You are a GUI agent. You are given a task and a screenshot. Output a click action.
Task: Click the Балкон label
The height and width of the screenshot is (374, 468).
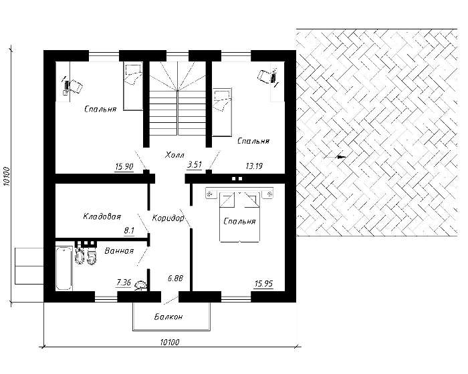pos(168,317)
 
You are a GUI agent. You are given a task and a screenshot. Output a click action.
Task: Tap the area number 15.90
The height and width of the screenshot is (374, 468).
pos(124,166)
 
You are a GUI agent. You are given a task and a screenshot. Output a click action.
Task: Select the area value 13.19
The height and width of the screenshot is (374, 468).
pos(254,166)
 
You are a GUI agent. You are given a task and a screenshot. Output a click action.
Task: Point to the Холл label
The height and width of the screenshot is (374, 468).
pos(174,155)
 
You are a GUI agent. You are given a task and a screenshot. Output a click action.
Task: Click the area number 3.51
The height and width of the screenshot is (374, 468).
pos(195,165)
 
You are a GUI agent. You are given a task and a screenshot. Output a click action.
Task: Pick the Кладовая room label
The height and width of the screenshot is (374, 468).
pos(102,216)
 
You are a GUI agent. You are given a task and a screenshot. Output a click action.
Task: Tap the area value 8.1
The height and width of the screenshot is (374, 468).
pos(129,230)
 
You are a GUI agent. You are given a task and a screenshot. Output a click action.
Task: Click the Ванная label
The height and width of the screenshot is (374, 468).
pos(119,251)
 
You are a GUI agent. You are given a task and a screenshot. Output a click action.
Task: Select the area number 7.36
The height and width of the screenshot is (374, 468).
pos(124,282)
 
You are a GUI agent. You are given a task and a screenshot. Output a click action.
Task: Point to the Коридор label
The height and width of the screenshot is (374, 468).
pos(168,218)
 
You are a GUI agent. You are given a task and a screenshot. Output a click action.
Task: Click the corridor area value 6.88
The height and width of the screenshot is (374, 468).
pos(175,278)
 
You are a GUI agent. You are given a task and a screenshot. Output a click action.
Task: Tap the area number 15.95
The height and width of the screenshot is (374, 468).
pos(264,284)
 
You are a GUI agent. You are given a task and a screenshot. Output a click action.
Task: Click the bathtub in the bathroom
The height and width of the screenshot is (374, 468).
pos(64,268)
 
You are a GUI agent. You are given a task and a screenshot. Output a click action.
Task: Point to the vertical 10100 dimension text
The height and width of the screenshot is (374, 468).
pos(7,176)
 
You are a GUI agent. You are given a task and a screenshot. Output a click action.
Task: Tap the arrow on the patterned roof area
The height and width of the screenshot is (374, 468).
pos(335,156)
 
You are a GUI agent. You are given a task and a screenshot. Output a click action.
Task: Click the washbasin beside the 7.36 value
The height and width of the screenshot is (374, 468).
pos(140,286)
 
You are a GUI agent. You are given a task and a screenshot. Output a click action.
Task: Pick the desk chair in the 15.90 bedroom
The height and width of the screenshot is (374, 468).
pos(75,86)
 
